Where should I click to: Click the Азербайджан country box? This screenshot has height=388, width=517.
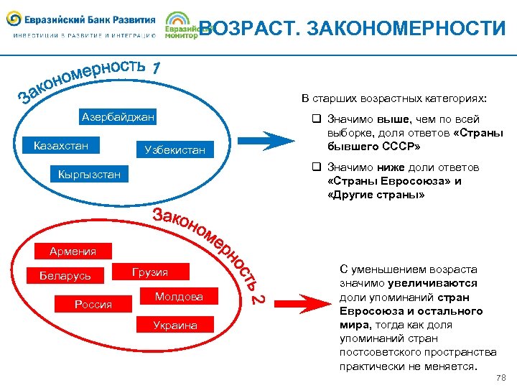118,117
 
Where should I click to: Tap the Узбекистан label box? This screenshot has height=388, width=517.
174,149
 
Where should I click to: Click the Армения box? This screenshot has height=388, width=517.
73,251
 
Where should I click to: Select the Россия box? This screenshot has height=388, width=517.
93,304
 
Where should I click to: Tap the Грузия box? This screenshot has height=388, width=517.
150,272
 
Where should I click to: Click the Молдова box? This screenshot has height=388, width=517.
179,296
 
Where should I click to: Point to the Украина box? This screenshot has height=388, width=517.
174,325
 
